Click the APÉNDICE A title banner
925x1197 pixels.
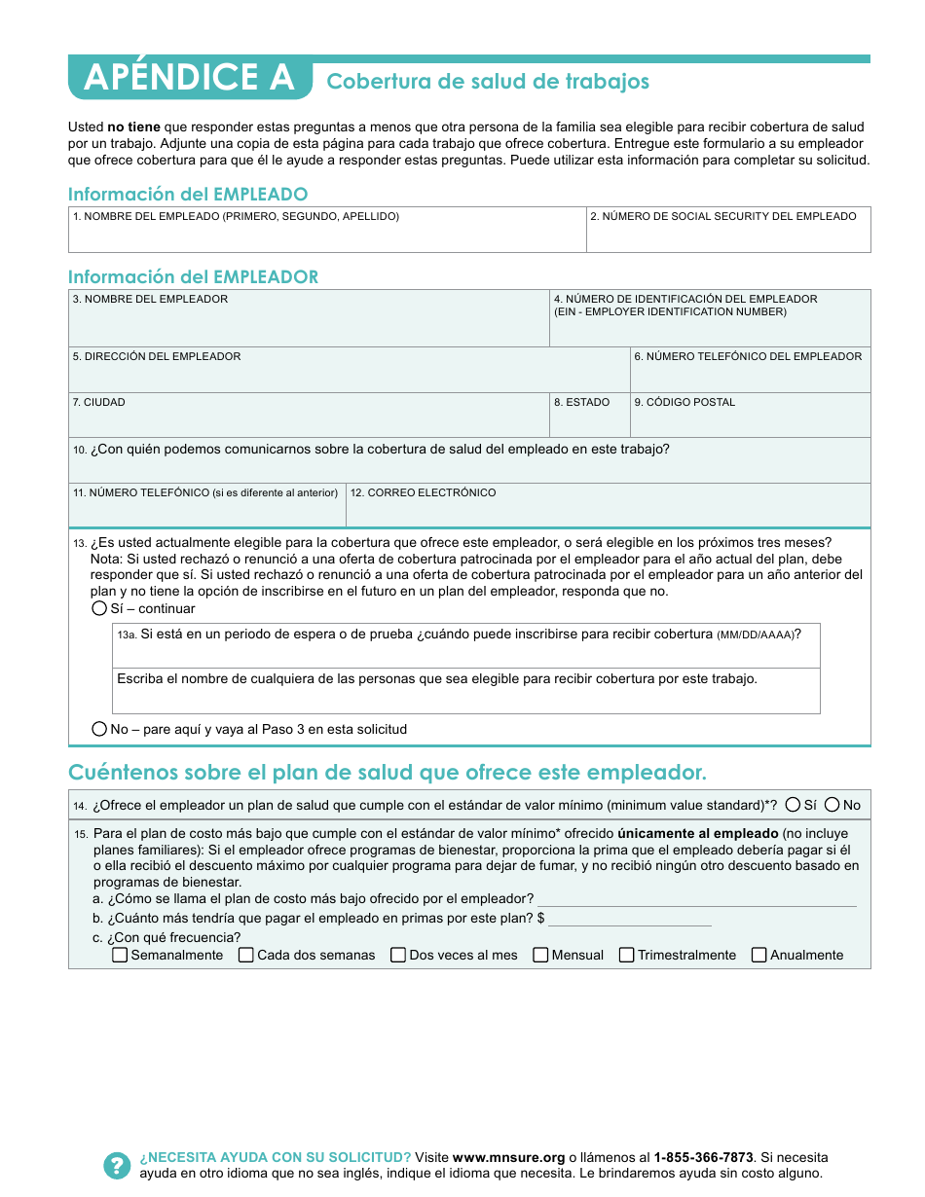(x=190, y=78)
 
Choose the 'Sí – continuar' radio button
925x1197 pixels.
(x=99, y=608)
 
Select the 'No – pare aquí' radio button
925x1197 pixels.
(x=99, y=729)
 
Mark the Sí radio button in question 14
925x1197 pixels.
(x=794, y=805)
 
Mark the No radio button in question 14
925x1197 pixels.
(x=832, y=805)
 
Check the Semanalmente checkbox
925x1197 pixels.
(x=121, y=955)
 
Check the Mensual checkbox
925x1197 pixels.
(x=541, y=955)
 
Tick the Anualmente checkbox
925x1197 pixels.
(x=759, y=955)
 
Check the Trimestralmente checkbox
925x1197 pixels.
(x=627, y=955)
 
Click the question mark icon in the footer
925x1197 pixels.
(x=117, y=1165)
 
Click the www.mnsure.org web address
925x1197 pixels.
(x=508, y=1157)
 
